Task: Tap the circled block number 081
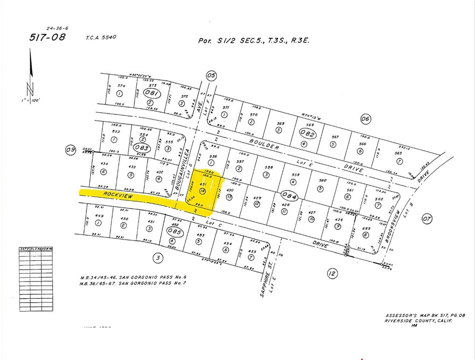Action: [152, 93]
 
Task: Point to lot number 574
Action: [121, 86]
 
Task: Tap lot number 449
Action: [98, 216]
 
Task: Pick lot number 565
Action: [398, 154]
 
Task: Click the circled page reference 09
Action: [70, 150]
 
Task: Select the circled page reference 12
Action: [332, 274]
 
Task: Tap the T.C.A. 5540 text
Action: [100, 37]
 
